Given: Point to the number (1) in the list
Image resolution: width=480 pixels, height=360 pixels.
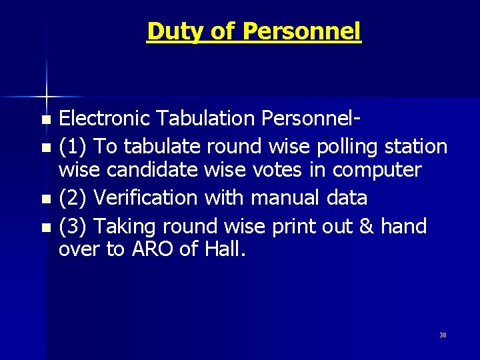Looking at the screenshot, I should click(x=72, y=146).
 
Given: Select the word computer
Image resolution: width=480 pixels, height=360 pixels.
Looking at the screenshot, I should click(x=377, y=171).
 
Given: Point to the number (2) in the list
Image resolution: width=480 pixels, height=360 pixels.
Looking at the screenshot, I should click(x=72, y=198).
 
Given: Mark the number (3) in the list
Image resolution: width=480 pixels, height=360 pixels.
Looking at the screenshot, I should click(x=72, y=227).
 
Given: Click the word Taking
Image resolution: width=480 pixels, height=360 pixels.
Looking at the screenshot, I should click(x=125, y=227).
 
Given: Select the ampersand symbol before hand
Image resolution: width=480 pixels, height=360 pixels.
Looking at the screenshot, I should click(x=365, y=227).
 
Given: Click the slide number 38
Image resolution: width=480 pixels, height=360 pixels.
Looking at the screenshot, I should click(x=443, y=335).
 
